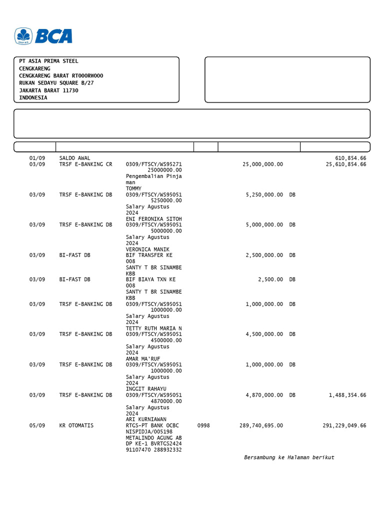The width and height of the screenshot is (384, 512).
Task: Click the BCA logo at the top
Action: click(x=43, y=36)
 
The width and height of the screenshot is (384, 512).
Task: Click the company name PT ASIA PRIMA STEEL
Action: click(x=48, y=61)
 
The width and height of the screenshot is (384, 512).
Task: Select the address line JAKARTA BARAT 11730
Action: click(x=48, y=90)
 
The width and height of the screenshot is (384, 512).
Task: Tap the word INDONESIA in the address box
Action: click(x=33, y=98)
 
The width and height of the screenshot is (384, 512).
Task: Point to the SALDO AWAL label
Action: click(x=74, y=158)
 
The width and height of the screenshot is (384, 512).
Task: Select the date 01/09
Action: click(x=37, y=158)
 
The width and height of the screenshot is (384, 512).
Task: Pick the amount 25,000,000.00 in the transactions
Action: click(x=262, y=164)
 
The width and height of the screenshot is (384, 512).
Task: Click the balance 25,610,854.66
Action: click(x=346, y=164)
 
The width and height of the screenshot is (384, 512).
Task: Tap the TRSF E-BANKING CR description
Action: click(x=85, y=164)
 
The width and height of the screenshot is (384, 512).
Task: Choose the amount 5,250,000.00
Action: click(x=264, y=194)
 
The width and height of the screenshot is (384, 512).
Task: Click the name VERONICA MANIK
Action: click(x=147, y=249)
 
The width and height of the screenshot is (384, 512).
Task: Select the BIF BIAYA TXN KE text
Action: click(x=150, y=279)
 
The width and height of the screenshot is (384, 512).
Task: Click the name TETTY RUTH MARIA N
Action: click(x=153, y=328)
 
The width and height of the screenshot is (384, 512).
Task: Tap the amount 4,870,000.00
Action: click(x=264, y=395)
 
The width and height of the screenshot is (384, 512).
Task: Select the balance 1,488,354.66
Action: click(x=347, y=395)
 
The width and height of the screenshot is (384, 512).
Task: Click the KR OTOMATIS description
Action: click(x=76, y=425)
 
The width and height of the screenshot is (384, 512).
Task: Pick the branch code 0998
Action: click(x=203, y=425)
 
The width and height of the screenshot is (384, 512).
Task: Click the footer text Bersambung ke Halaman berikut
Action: click(x=289, y=457)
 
